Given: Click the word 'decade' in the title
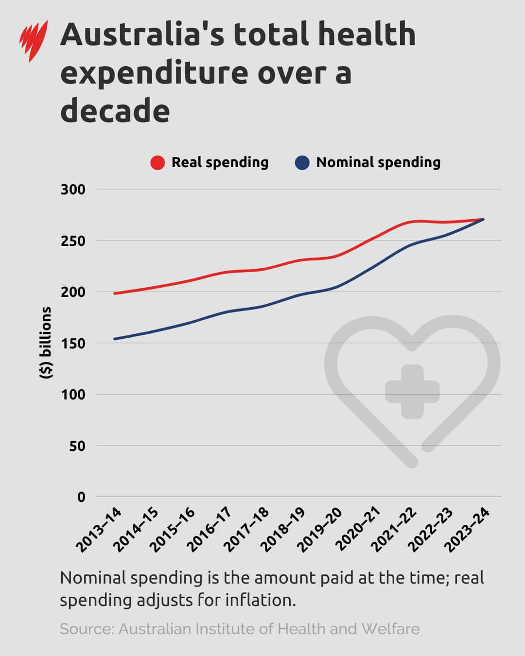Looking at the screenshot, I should pos(115,110).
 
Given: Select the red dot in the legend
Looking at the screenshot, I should pos(157,163).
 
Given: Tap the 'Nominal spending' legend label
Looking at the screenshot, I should pos(378,162).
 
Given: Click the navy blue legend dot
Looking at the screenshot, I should pos(302,163).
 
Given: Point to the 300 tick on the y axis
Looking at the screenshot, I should pos(72,190).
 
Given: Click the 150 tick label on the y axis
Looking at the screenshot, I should pos(72,344).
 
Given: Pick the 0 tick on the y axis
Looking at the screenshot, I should pos(81,497).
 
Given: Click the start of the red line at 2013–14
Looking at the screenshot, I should pos(115,293).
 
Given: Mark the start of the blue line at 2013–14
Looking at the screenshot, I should pos(115,339).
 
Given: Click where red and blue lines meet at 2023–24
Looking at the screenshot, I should pos(483,219).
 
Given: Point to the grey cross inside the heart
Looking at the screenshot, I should pos(412,392).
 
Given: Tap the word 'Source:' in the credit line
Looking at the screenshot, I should pos(87,629).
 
